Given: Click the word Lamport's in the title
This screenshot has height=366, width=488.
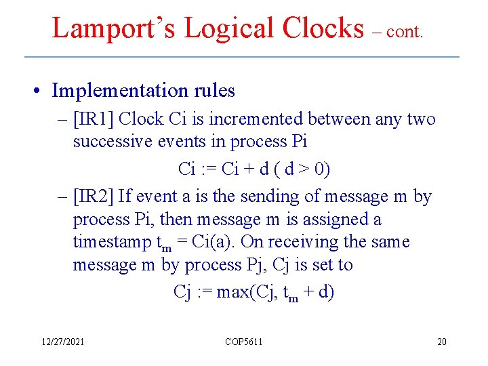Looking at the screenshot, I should click(114, 28).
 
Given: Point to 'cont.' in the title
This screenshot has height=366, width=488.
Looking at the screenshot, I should click(405, 33).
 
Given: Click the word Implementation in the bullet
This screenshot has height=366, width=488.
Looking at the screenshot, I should click(119, 90).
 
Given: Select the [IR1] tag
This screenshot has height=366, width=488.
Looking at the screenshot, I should click(96, 119).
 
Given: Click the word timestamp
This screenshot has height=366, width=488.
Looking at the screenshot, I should click(113, 242).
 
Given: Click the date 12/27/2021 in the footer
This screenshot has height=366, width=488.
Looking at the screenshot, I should click(62, 342).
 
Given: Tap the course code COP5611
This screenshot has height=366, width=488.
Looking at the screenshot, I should click(243, 342).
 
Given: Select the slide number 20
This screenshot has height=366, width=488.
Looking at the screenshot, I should click(442, 342).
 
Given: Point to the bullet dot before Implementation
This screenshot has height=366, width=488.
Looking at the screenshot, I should click(42, 91).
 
